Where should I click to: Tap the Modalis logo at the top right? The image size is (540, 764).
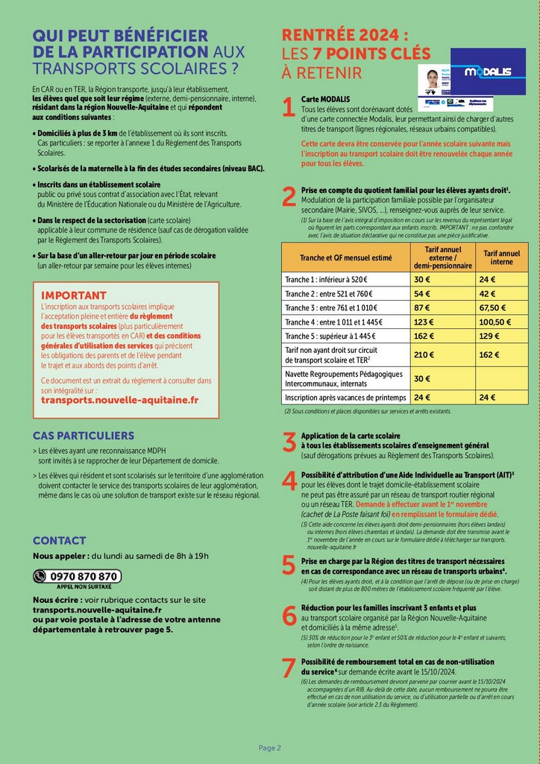488,72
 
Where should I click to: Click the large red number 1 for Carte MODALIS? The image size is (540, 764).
289,109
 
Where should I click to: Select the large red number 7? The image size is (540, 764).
289,668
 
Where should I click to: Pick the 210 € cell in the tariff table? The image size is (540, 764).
424,355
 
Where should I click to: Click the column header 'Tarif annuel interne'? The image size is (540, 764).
502,258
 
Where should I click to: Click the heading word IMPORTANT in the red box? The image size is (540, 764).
74,295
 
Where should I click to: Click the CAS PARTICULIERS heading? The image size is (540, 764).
84,436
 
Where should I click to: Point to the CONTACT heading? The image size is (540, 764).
60,540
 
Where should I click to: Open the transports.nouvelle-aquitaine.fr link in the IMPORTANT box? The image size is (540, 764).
120,400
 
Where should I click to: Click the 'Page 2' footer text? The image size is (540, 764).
270,748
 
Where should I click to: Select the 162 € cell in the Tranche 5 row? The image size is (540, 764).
424,336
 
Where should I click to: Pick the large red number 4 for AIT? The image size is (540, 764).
289,482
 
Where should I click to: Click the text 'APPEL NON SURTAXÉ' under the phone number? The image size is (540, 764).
78,587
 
